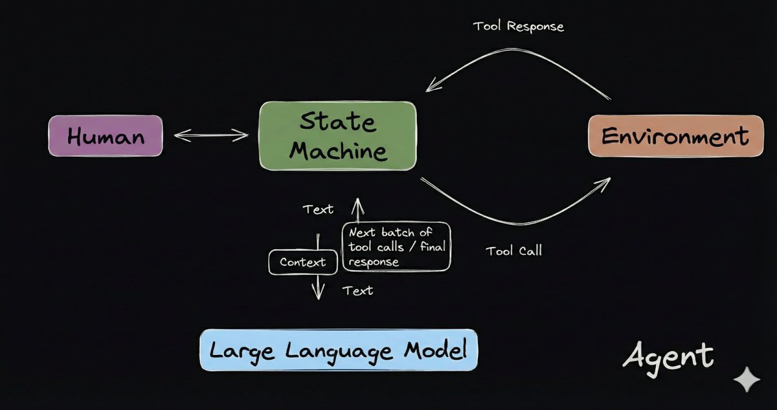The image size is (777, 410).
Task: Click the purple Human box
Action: pyautogui.click(x=106, y=136)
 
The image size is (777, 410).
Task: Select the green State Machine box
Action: pyautogui.click(x=337, y=136)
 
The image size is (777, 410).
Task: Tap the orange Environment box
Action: pyautogui.click(x=675, y=136)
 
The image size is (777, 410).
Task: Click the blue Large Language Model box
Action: pyautogui.click(x=339, y=351)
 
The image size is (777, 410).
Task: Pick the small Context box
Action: pyautogui.click(x=302, y=263)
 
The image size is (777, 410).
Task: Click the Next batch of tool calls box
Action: pyautogui.click(x=396, y=247)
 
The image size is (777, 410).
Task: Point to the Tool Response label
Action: pyautogui.click(x=518, y=27)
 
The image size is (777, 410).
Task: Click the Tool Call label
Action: pyautogui.click(x=513, y=250)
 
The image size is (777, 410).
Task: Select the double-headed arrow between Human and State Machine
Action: pyautogui.click(x=211, y=135)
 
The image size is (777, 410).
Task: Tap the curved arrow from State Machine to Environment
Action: pyautogui.click(x=518, y=213)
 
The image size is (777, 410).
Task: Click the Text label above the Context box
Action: pyautogui.click(x=318, y=209)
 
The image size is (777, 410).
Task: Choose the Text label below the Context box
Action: pyautogui.click(x=357, y=290)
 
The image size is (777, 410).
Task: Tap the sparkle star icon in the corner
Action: pyautogui.click(x=747, y=380)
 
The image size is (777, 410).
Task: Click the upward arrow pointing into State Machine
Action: pyautogui.click(x=355, y=210)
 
